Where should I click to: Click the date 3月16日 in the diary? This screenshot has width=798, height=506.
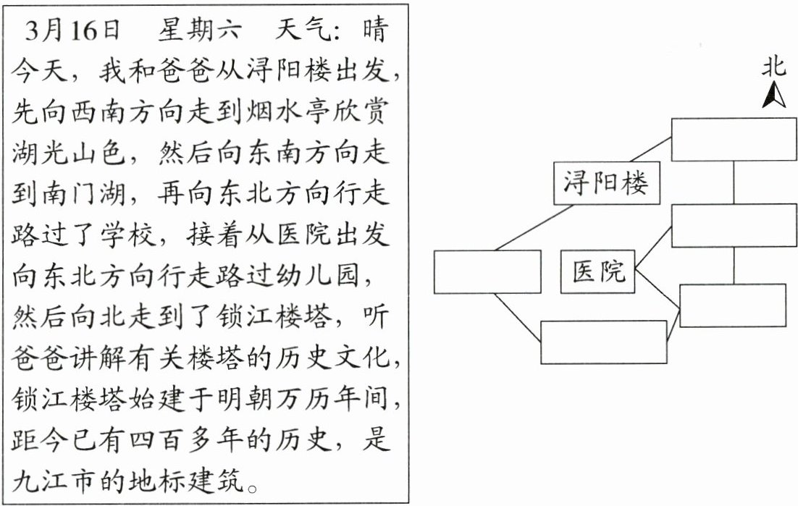pyautogui.click(x=72, y=31)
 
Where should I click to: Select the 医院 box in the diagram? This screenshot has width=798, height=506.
pyautogui.click(x=598, y=272)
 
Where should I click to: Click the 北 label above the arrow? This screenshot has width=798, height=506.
pyautogui.click(x=773, y=67)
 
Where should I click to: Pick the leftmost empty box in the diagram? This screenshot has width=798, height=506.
pyautogui.click(x=487, y=272)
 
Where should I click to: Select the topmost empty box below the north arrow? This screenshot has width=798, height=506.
pyautogui.click(x=734, y=139)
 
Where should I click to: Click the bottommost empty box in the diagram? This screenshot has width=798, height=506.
pyautogui.click(x=603, y=342)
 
